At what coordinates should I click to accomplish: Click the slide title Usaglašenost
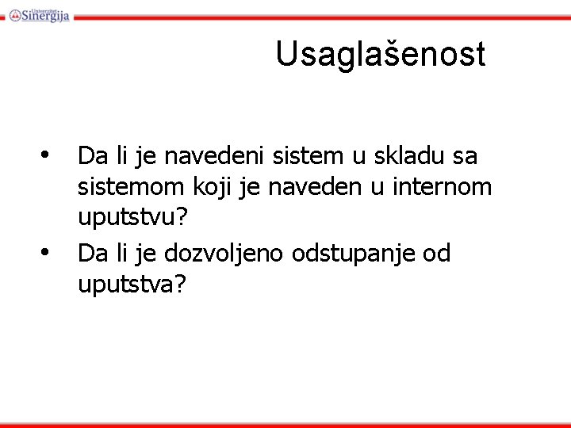[380, 55]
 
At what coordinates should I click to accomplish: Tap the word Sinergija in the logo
[46, 15]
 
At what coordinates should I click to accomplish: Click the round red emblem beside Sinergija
[15, 14]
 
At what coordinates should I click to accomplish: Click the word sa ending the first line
[465, 156]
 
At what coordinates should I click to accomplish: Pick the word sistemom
[132, 187]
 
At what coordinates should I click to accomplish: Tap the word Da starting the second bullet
[93, 253]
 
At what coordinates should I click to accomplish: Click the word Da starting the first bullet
[93, 156]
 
